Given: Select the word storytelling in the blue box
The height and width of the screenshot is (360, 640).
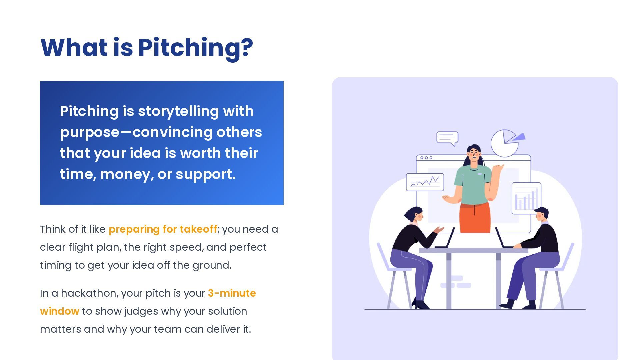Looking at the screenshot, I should pyautogui.click(x=178, y=111).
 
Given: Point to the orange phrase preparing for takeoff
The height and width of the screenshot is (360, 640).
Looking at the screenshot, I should pyautogui.click(x=163, y=229).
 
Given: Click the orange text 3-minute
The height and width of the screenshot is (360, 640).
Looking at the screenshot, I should pyautogui.click(x=232, y=293).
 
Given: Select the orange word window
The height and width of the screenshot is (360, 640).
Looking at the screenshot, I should pyautogui.click(x=59, y=311).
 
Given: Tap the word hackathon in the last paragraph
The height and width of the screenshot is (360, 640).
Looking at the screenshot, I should pyautogui.click(x=89, y=293).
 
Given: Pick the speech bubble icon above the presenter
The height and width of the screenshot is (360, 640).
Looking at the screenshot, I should pyautogui.click(x=447, y=138).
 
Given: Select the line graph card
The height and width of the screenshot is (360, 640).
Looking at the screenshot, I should pyautogui.click(x=425, y=182).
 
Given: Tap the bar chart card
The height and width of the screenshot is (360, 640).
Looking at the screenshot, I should pyautogui.click(x=526, y=199).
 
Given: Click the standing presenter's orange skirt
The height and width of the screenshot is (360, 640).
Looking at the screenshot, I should pyautogui.click(x=475, y=218).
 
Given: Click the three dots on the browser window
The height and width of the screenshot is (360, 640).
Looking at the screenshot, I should pyautogui.click(x=426, y=158).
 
